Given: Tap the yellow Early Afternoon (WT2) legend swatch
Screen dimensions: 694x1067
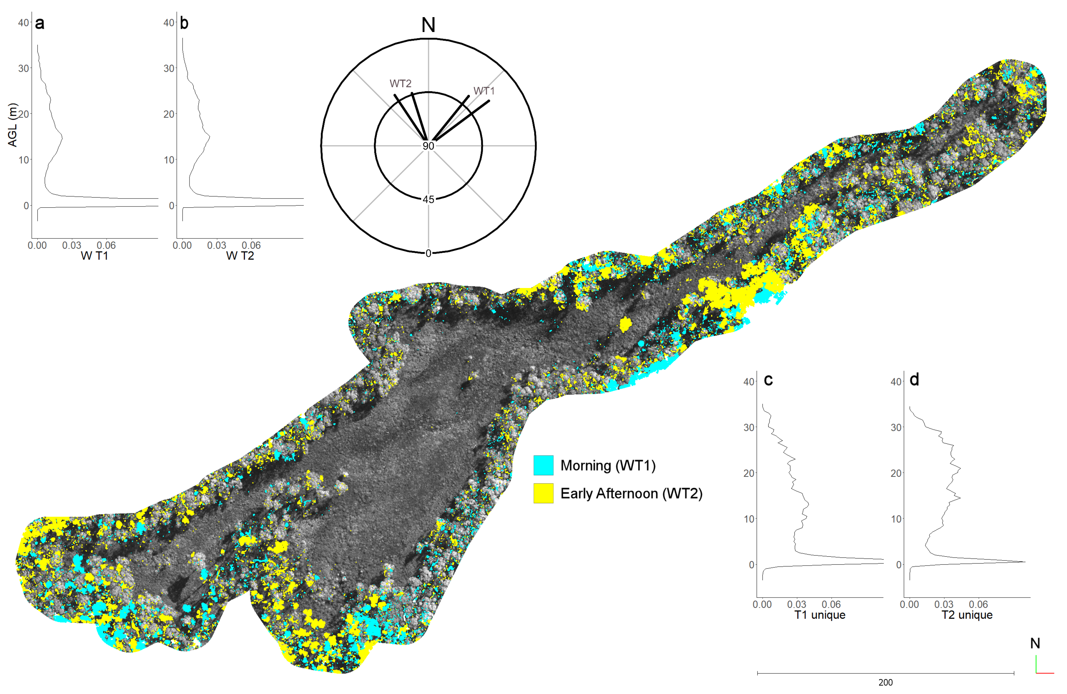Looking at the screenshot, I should pos(543,493).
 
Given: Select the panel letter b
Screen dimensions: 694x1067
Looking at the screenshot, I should pos(184,23).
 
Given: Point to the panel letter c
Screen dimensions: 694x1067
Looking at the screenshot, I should pos(768,380).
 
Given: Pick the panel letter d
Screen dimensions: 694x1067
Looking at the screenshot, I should pos(914,380).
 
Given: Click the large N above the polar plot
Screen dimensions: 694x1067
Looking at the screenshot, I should pos(428,25).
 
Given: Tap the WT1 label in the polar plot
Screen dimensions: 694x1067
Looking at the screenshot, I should pos(484,91).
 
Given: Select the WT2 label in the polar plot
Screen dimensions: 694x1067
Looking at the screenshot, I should pos(400,84).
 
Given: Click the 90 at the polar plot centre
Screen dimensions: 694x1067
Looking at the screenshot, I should pos(428,146).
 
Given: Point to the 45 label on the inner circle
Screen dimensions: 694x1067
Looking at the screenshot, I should pos(428,200).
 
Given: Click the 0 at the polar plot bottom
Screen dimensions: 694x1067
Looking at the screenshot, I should pos(428,253).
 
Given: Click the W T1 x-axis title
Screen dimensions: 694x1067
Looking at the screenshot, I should pos(94,256).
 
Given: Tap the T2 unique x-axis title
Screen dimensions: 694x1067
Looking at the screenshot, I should pos(967,615).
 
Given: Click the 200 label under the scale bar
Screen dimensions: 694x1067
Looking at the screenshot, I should pos(885,682).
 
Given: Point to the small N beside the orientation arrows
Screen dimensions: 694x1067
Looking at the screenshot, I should pos(1035,643).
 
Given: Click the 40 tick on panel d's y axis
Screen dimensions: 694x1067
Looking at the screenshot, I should pos(896,382).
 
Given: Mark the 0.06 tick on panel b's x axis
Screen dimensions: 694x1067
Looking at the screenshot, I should pos(251,246).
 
